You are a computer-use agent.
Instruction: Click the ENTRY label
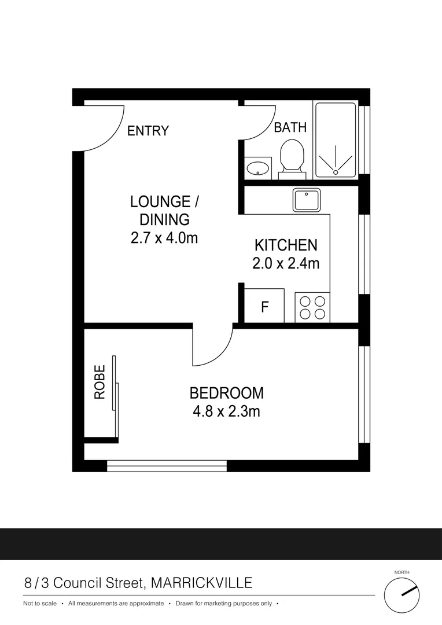(148, 131)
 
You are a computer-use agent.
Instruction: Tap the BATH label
(290, 127)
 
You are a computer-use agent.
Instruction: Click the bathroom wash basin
(257, 168)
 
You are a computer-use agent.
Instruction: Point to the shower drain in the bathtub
(336, 171)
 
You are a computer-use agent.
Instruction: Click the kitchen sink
(308, 200)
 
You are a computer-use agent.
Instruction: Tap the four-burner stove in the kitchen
(312, 307)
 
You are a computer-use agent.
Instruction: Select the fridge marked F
(264, 306)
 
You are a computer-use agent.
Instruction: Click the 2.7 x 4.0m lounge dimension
(164, 237)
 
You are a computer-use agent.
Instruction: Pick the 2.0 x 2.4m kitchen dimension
(286, 264)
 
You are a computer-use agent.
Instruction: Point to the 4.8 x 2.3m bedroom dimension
(226, 411)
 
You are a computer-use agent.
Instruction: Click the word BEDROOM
(226, 394)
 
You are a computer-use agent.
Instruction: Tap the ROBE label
(100, 381)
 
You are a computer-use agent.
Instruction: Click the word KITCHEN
(286, 245)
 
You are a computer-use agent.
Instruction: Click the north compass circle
(402, 595)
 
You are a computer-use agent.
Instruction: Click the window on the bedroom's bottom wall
(167, 466)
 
